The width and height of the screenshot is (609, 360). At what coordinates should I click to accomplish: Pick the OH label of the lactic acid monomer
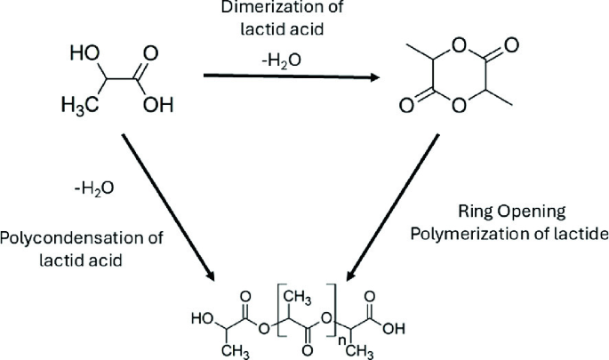(156, 106)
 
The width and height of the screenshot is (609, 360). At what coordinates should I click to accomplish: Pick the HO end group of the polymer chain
(202, 316)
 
